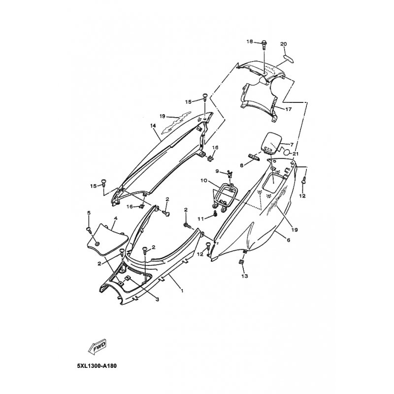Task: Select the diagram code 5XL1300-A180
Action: (x=97, y=365)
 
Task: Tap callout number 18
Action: (x=250, y=41)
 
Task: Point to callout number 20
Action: (x=284, y=44)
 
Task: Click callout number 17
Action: (x=288, y=109)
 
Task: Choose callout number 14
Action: (x=153, y=126)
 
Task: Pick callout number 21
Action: (x=295, y=154)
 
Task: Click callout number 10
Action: (x=203, y=180)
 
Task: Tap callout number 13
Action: (x=244, y=276)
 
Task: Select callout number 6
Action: (x=289, y=240)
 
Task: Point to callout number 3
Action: (x=157, y=299)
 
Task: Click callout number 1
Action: (x=182, y=291)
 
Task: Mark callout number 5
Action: (x=89, y=213)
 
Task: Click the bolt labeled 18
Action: (x=264, y=45)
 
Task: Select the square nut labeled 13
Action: (x=240, y=262)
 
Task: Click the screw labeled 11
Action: (x=215, y=213)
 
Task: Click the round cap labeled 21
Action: (x=287, y=153)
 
